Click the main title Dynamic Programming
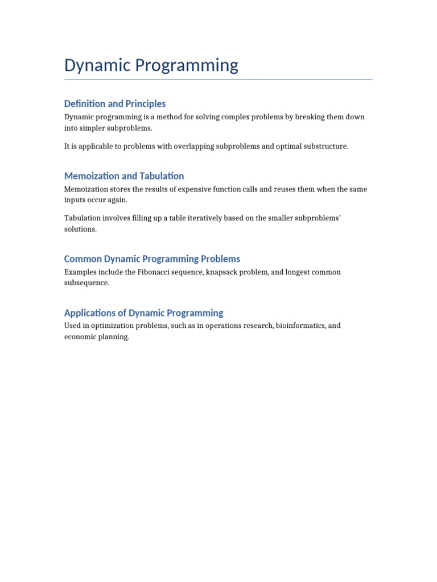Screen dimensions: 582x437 click(151, 65)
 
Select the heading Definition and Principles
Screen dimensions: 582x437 click(115, 103)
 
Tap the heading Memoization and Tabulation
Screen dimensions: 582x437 click(124, 176)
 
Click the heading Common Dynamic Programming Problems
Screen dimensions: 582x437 click(152, 259)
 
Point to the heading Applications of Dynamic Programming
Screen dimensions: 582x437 click(143, 313)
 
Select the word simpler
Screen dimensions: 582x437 click(92, 128)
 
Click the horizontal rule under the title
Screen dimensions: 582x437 click(218, 80)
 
